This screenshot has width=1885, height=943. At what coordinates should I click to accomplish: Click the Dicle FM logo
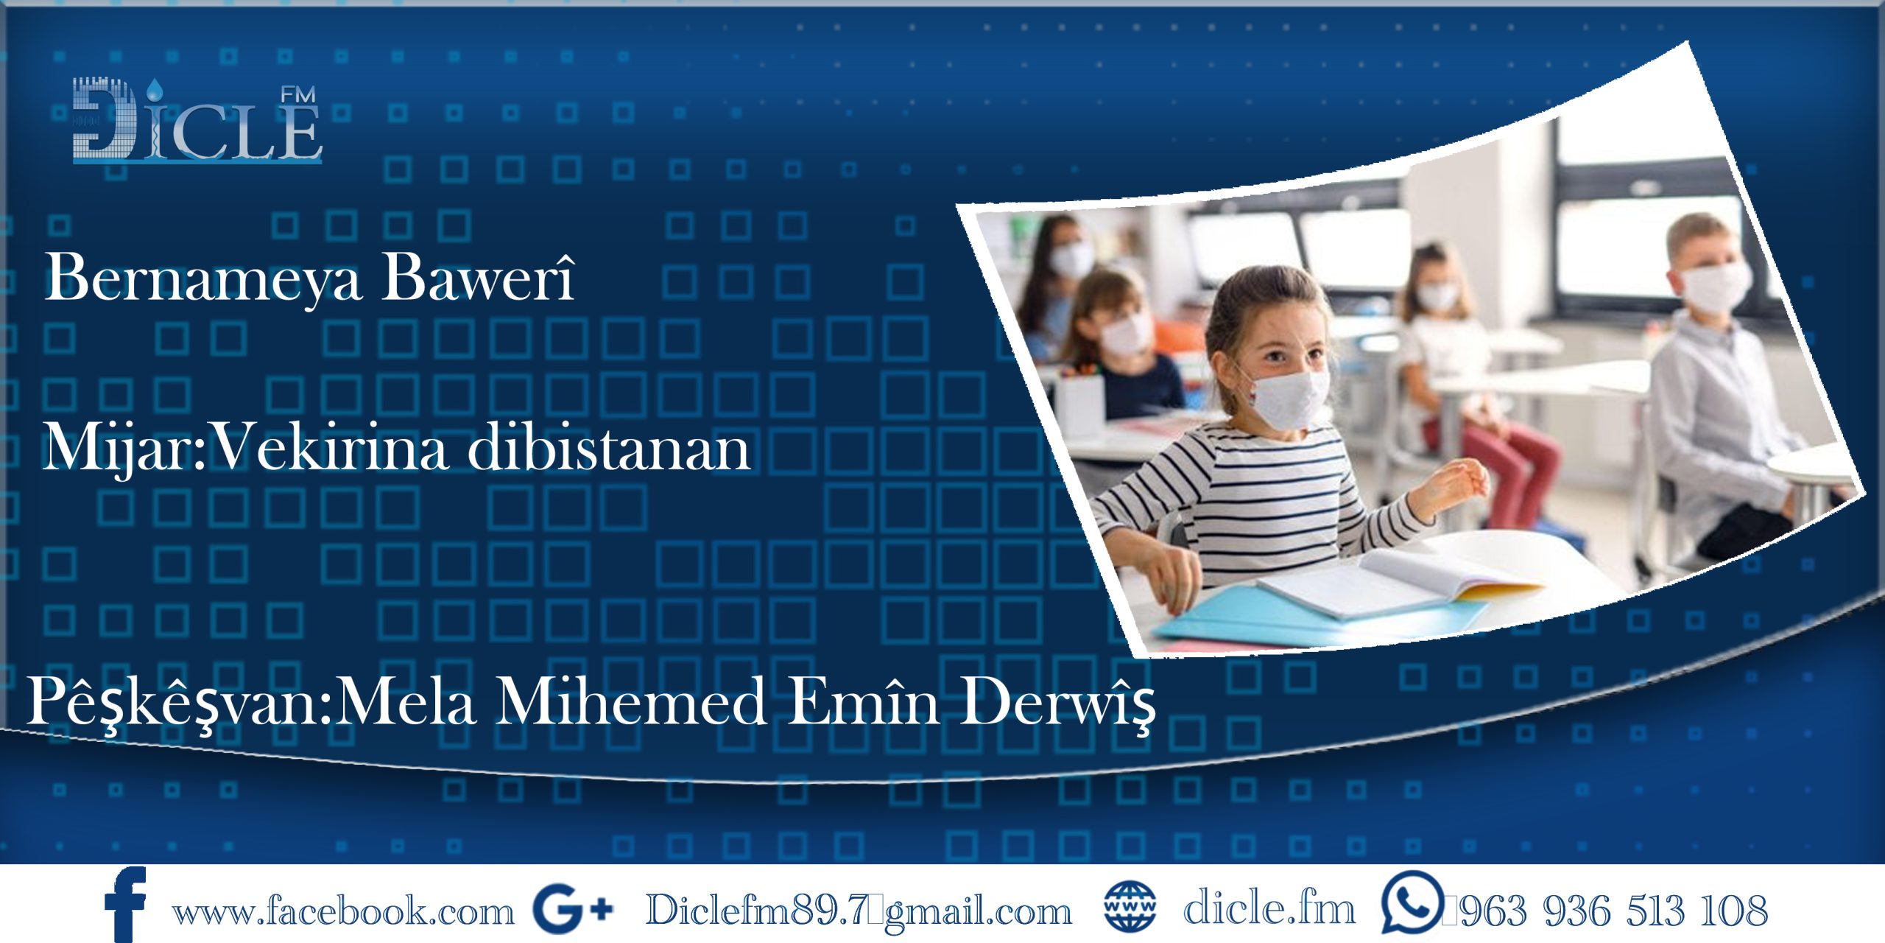click(x=197, y=122)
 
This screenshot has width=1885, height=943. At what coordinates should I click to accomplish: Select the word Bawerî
click(x=477, y=278)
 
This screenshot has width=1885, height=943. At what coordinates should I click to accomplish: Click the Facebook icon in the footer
click(x=125, y=905)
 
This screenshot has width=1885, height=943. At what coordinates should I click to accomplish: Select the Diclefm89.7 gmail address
click(x=859, y=911)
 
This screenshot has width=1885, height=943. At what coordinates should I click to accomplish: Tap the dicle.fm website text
click(x=1269, y=909)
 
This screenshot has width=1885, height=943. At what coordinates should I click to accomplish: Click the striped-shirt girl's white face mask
click(x=1290, y=399)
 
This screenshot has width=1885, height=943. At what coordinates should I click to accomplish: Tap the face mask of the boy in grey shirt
click(x=1716, y=287)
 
